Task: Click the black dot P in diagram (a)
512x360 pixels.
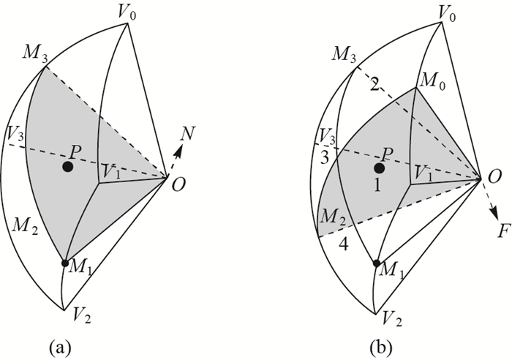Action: pos(67,167)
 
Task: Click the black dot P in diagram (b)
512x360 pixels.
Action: pos(380,168)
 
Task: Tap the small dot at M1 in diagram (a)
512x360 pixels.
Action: pos(65,263)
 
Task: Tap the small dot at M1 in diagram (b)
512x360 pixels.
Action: pos(377,263)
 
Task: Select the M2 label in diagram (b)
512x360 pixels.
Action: pos(332,217)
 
